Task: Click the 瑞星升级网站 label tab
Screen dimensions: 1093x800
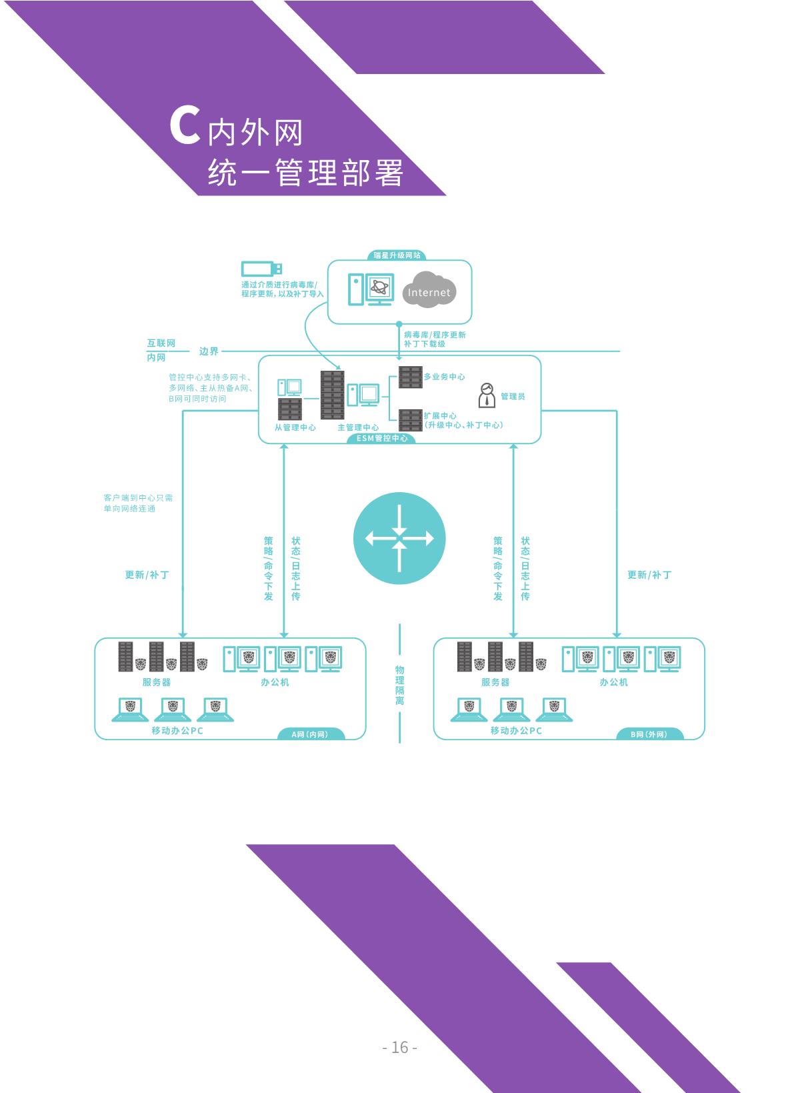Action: pyautogui.click(x=397, y=255)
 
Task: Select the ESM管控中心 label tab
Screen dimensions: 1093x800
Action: pyautogui.click(x=382, y=438)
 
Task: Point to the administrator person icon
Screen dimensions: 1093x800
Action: pyautogui.click(x=487, y=395)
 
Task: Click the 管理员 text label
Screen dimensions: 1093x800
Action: pyautogui.click(x=513, y=396)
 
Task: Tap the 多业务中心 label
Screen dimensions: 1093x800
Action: pyautogui.click(x=445, y=377)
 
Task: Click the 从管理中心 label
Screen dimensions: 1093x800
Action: pyautogui.click(x=295, y=427)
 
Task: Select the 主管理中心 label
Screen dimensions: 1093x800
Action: pyautogui.click(x=358, y=427)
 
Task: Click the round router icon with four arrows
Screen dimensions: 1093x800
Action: pyautogui.click(x=399, y=538)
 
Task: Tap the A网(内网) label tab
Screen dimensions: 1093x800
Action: pyautogui.click(x=310, y=734)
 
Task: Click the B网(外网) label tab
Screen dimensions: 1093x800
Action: pyautogui.click(x=649, y=734)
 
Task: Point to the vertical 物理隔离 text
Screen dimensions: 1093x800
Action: pyautogui.click(x=399, y=685)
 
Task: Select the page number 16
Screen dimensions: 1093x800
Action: pyautogui.click(x=400, y=1047)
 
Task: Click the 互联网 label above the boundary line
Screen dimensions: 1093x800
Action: pyautogui.click(x=161, y=343)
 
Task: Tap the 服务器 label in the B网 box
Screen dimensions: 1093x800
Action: pyautogui.click(x=495, y=682)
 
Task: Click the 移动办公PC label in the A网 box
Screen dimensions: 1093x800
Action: pyautogui.click(x=177, y=730)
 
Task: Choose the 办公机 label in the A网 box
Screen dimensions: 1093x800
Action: pyautogui.click(x=275, y=682)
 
